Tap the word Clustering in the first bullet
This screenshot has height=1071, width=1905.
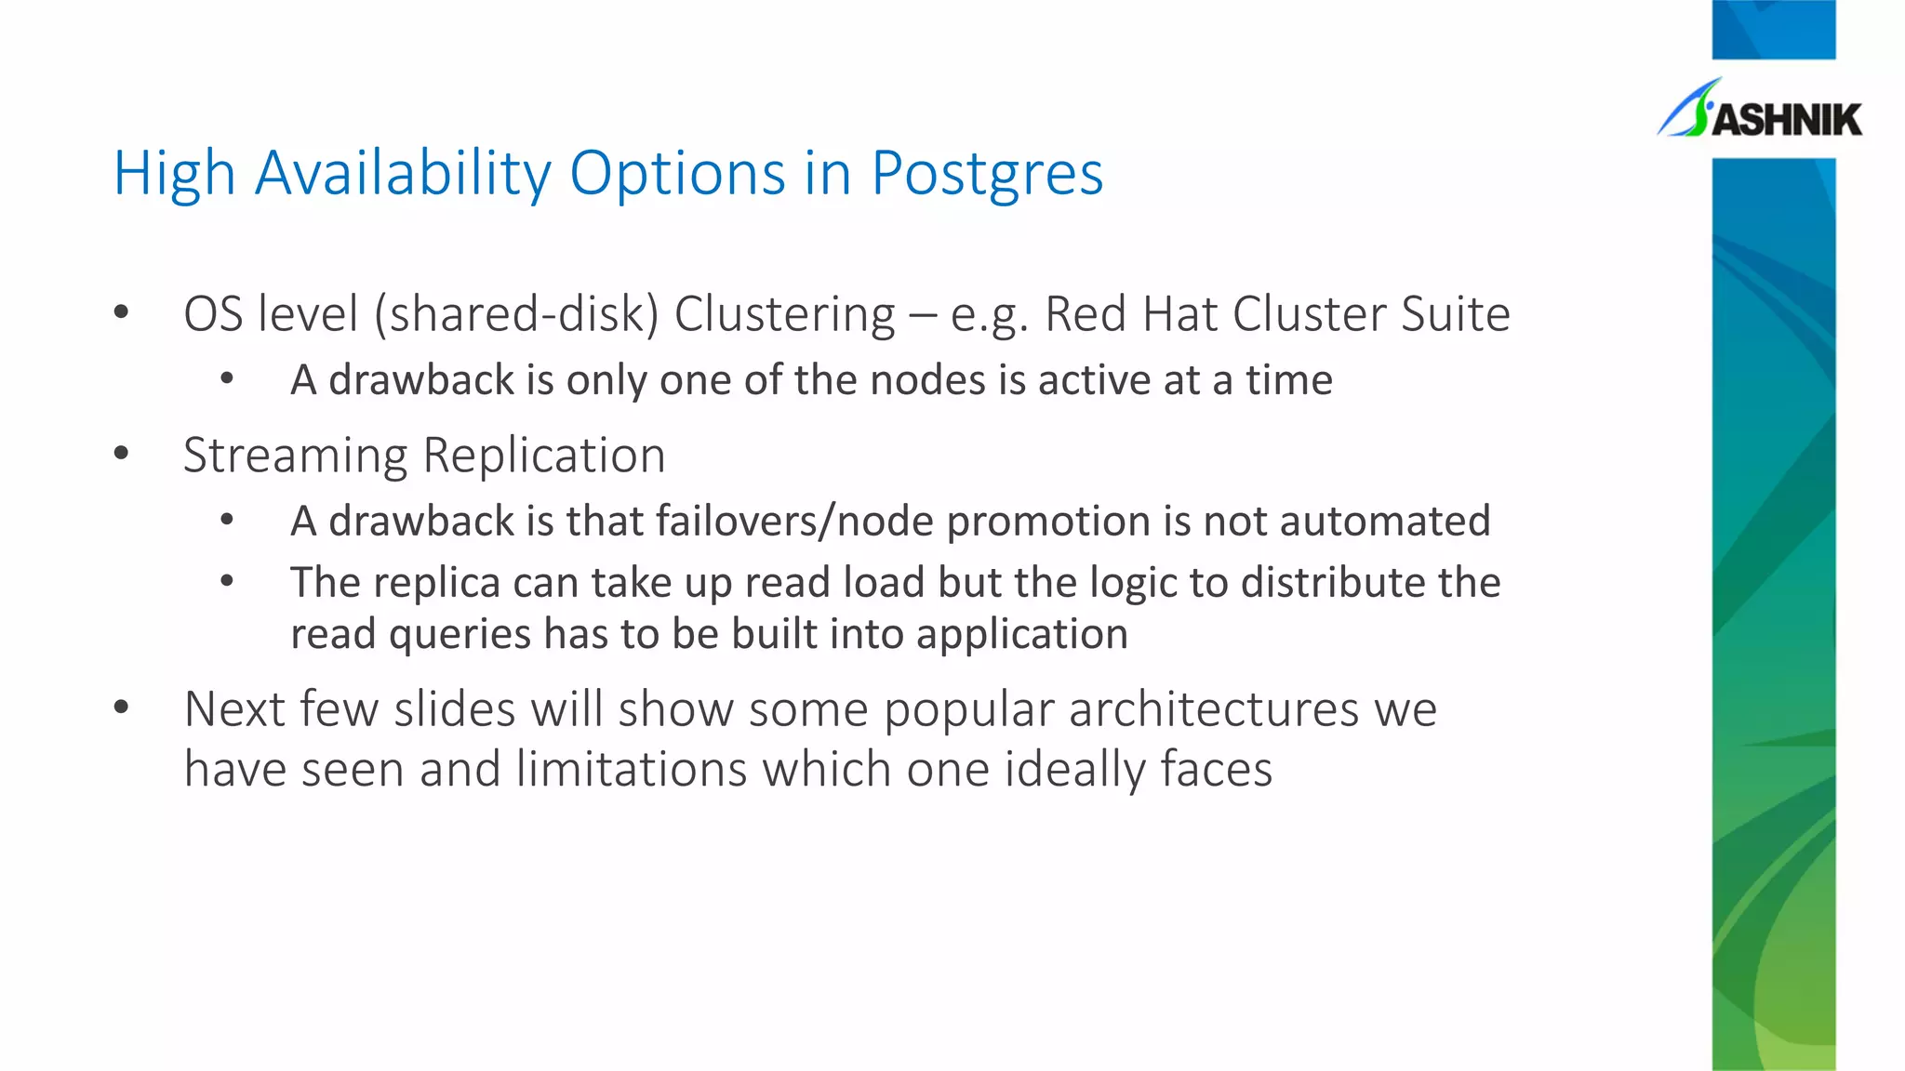[x=784, y=314]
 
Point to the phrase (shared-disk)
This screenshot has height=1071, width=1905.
[x=516, y=314]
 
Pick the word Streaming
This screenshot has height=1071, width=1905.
[x=295, y=456]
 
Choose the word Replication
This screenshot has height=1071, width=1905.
[x=544, y=456]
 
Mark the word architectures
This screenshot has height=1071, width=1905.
[x=1214, y=709]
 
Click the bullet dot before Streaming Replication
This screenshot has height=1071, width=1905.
[x=121, y=455]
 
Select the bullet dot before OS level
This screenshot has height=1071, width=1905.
[x=121, y=313]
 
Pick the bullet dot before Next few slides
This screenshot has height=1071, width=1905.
[x=121, y=708]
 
